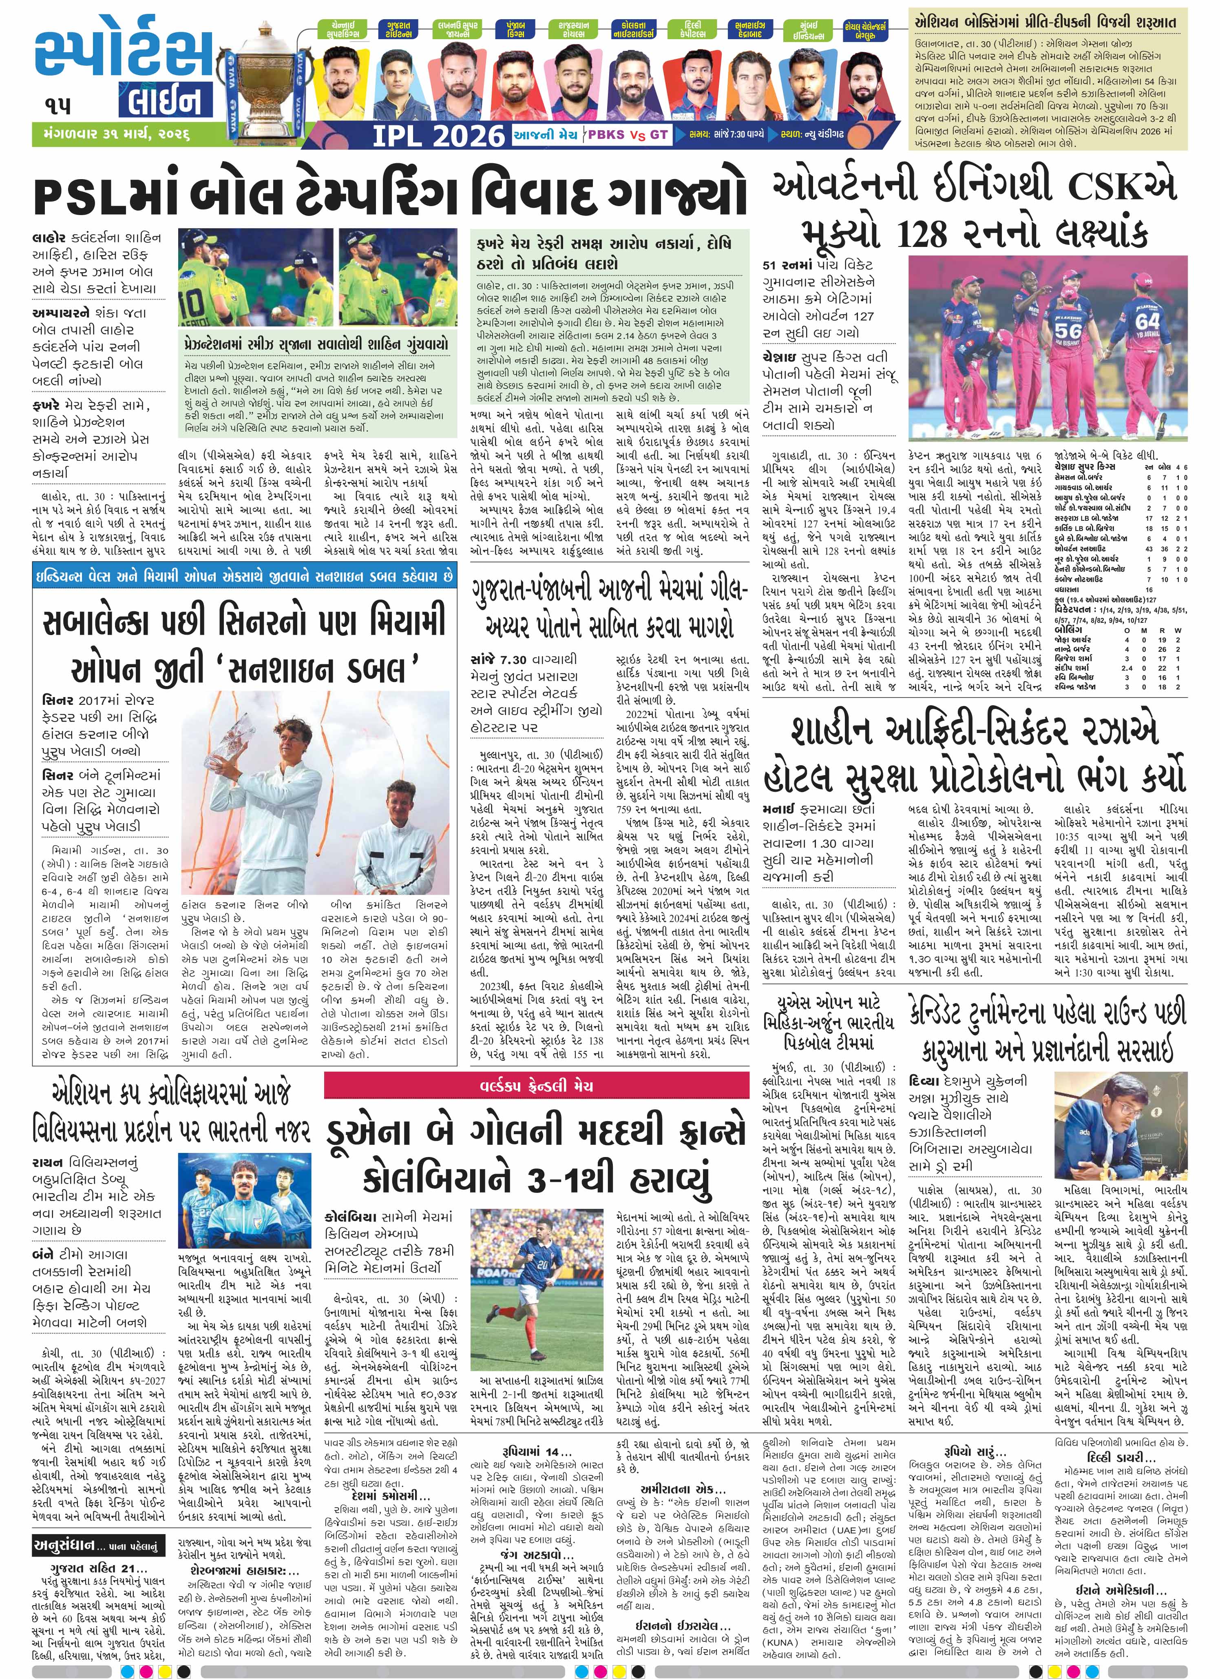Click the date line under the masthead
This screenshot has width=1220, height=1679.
point(111,135)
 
